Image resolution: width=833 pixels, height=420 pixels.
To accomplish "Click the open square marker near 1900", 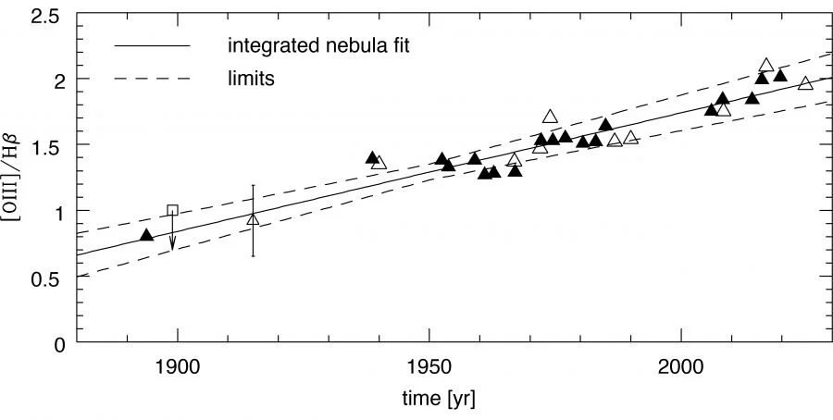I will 172,211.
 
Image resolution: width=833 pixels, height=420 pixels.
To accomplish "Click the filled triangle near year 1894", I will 146,235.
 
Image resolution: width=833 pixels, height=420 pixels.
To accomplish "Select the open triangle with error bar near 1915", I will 253,219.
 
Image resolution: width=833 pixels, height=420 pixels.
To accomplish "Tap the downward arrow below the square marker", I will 172,242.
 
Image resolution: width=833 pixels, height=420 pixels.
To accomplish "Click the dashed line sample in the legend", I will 152,79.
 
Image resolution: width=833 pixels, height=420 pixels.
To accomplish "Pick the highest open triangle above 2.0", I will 765,66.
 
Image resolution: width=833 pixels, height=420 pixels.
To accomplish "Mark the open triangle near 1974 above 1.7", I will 550,117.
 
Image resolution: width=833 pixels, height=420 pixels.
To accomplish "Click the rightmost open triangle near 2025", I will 805,83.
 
